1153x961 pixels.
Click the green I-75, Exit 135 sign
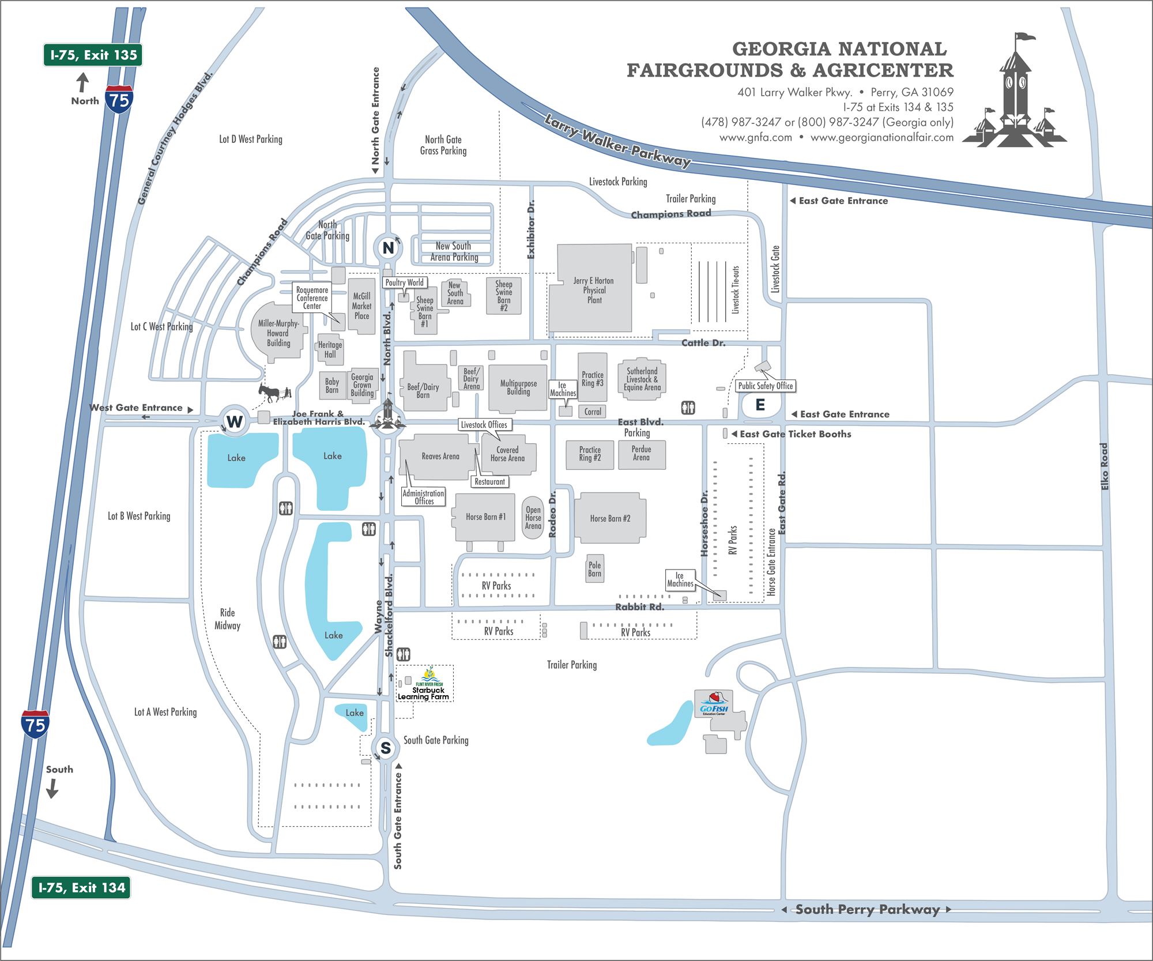(93, 55)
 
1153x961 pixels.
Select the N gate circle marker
(388, 248)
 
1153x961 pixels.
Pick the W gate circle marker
(234, 421)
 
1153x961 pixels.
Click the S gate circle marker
(385, 748)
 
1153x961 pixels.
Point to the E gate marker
(760, 405)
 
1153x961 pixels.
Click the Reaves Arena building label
(440, 457)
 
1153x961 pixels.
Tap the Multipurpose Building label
(518, 387)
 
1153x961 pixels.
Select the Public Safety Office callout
(766, 386)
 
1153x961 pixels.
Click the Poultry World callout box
(404, 282)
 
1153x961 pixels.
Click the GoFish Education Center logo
(714, 705)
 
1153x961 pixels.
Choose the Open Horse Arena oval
(533, 518)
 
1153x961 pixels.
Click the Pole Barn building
(594, 569)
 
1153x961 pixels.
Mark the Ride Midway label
(227, 619)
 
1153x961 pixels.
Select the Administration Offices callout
(423, 497)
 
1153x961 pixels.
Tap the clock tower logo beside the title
(1014, 92)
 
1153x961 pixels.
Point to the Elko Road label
(1105, 466)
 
